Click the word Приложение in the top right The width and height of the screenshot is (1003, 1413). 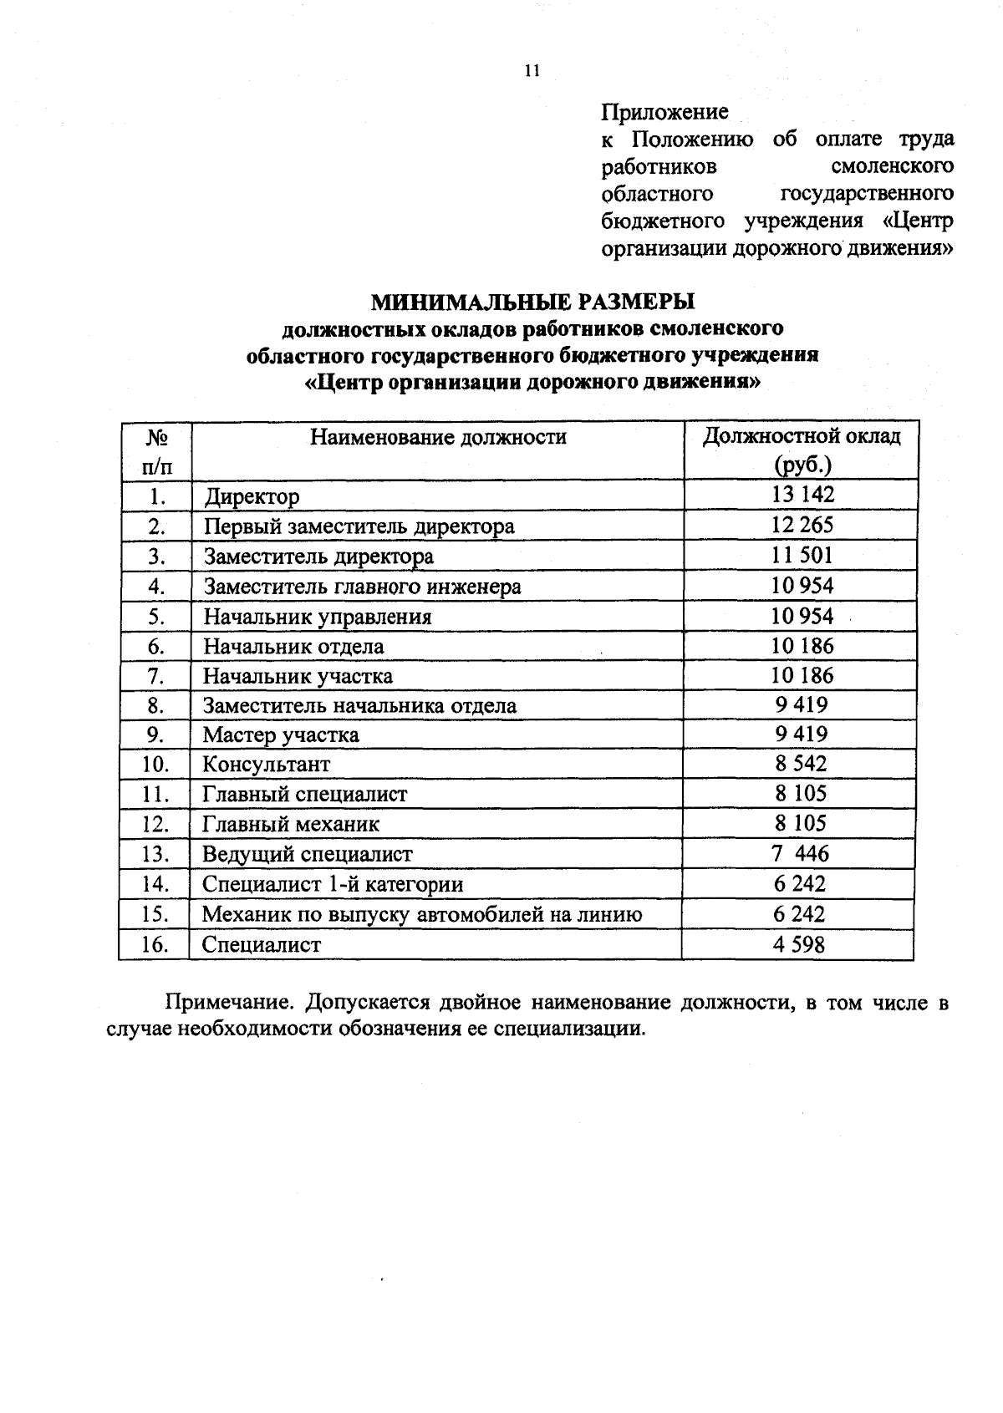(664, 111)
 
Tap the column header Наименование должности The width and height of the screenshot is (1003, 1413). (438, 437)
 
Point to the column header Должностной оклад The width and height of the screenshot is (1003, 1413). (802, 436)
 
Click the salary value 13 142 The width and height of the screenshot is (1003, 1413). (802, 494)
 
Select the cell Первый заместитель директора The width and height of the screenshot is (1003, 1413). (359, 526)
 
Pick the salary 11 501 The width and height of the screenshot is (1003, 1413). (802, 555)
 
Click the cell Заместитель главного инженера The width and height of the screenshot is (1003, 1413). (362, 587)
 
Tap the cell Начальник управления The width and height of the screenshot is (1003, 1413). (318, 617)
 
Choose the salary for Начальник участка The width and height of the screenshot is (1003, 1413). (802, 675)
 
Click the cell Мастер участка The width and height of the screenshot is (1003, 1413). (281, 735)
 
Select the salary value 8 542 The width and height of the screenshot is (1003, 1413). (801, 764)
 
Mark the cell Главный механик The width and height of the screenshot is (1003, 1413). (291, 825)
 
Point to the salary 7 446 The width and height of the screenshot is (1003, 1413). (801, 853)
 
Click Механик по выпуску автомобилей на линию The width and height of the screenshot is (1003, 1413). (422, 914)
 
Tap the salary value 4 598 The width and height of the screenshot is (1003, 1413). (800, 944)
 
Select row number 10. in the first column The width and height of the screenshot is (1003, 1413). (155, 765)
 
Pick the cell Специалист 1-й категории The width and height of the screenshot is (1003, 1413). (333, 884)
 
